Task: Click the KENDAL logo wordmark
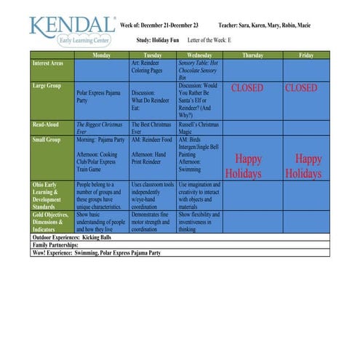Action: pyautogui.click(x=71, y=25)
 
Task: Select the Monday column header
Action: pyautogui.click(x=102, y=55)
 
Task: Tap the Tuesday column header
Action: pyautogui.click(x=153, y=55)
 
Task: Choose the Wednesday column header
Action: pyautogui.click(x=199, y=55)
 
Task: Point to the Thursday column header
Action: pyautogui.click(x=252, y=55)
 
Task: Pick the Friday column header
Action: pyautogui.click(x=306, y=55)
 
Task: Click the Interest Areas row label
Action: pyautogui.click(x=49, y=64)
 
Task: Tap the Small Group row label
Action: pyautogui.click(x=49, y=139)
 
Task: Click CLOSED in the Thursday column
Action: pyautogui.click(x=247, y=88)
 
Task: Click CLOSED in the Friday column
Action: pyautogui.click(x=301, y=88)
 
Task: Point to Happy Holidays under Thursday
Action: pyautogui.click(x=244, y=166)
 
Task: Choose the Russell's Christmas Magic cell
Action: pyautogui.click(x=198, y=128)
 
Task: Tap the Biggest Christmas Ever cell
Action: pyautogui.click(x=100, y=128)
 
